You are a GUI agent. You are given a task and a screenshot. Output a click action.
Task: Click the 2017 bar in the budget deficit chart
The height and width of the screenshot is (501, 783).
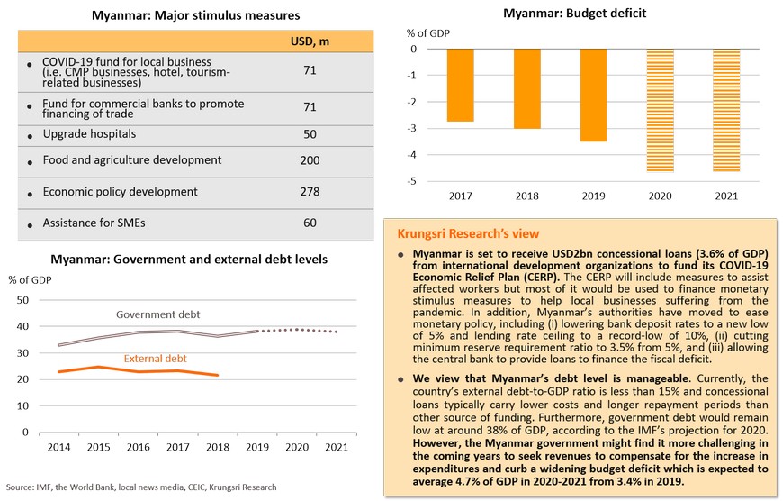point(460,85)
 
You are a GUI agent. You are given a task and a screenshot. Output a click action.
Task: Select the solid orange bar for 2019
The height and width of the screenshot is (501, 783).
point(593,95)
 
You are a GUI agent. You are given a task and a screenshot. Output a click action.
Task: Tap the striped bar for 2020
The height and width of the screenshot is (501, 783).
point(660,110)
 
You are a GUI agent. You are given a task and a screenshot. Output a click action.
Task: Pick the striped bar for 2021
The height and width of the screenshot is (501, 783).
point(726,110)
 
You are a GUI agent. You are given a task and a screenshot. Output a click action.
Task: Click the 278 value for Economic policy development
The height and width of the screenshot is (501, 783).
point(310,191)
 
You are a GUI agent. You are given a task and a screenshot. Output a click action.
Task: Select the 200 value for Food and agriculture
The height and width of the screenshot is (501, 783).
point(310,159)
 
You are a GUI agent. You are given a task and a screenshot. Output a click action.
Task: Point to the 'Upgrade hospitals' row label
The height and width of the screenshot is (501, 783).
point(89,133)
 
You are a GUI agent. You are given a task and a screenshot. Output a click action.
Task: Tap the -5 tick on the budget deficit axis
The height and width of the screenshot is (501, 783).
point(411,181)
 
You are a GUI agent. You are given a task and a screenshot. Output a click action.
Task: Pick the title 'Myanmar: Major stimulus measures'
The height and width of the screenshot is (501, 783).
point(195,15)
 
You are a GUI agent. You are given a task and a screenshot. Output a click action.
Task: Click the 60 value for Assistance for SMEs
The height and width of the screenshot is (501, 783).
point(310,223)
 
